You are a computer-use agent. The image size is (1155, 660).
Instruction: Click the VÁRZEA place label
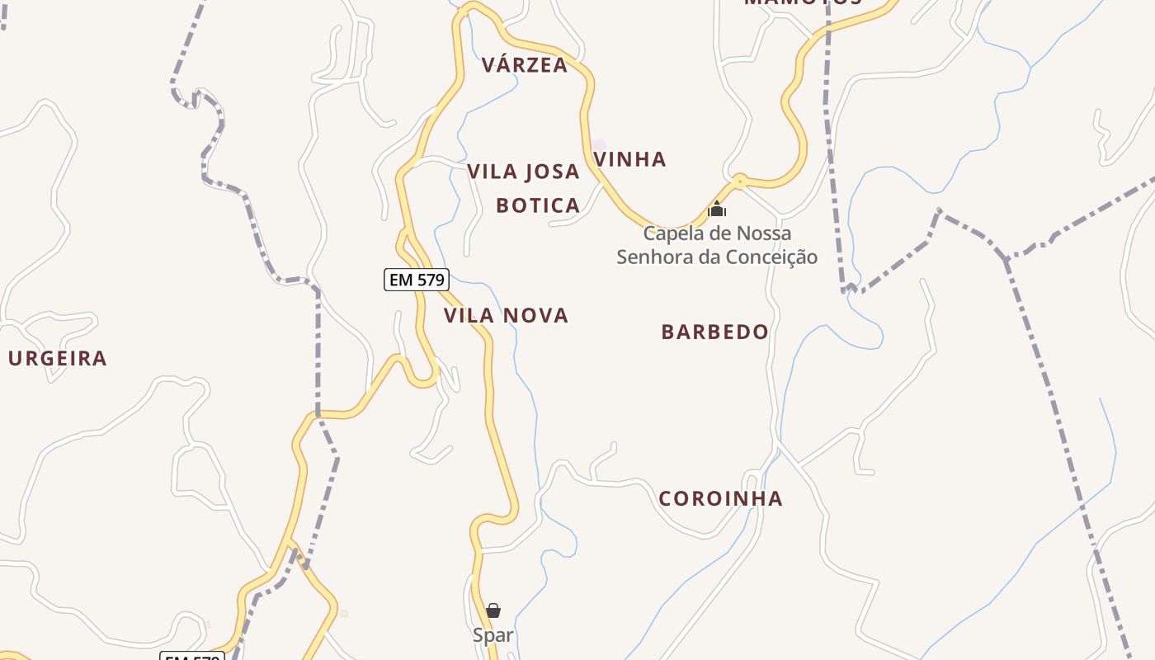[525, 65]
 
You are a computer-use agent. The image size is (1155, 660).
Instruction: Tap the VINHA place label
[630, 159]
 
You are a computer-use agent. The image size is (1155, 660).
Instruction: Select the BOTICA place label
[538, 205]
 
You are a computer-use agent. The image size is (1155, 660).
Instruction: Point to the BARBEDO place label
[714, 332]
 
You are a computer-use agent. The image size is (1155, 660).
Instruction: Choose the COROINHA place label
[720, 498]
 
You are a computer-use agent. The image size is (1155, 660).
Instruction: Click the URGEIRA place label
[58, 358]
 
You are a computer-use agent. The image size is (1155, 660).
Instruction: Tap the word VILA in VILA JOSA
[493, 172]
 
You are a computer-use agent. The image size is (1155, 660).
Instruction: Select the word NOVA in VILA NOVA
[536, 315]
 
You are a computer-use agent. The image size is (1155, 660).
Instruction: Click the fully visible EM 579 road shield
[417, 280]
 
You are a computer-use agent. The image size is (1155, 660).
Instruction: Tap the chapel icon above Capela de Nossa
[717, 209]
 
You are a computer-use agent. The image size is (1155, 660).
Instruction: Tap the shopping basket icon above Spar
[493, 610]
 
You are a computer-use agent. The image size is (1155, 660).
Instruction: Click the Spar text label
[493, 635]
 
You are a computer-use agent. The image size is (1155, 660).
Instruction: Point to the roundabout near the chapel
[739, 180]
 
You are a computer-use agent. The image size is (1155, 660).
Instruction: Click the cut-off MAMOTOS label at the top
[802, 2]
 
